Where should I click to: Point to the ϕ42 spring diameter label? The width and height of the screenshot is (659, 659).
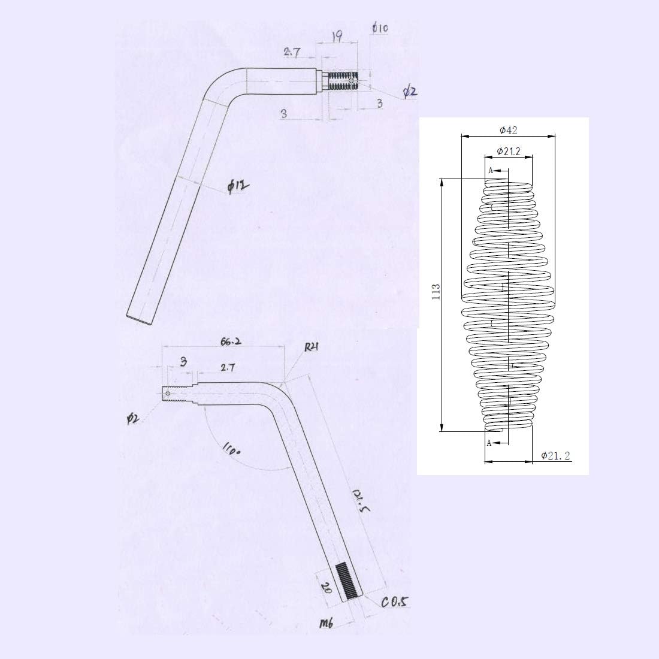pyautogui.click(x=509, y=131)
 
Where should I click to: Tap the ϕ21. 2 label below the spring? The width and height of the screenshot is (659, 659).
pyautogui.click(x=555, y=456)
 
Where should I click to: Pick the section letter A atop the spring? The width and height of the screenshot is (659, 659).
pyautogui.click(x=491, y=171)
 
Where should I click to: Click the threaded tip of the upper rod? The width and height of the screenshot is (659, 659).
pyautogui.click(x=343, y=81)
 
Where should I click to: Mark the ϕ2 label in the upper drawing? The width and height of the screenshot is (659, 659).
pyautogui.click(x=410, y=91)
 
